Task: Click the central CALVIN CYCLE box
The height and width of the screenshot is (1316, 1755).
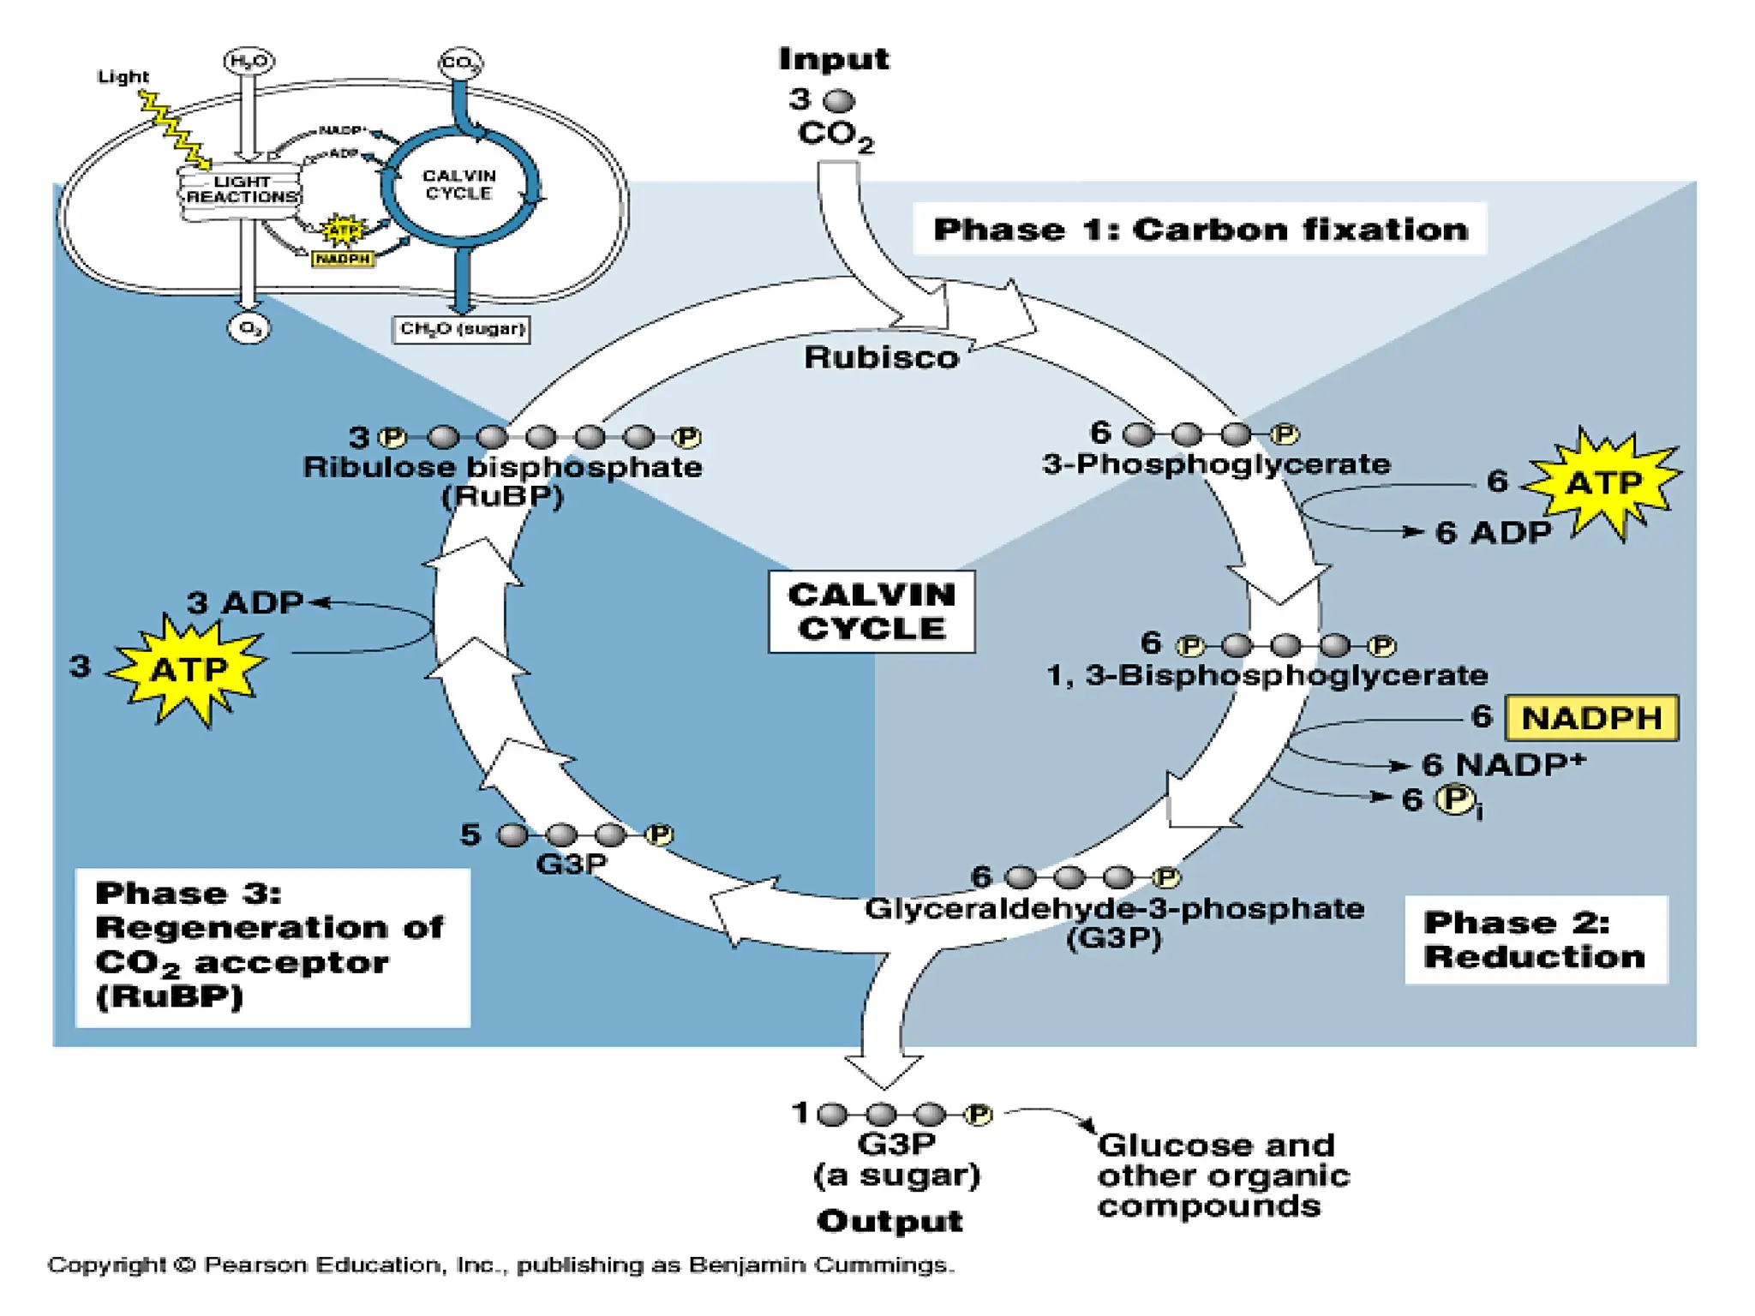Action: coord(872,612)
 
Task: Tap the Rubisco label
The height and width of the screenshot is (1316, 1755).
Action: coord(881,357)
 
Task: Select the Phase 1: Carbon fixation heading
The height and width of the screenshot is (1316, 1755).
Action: coord(1200,230)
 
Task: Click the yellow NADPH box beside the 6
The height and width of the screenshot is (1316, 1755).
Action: coord(1591,718)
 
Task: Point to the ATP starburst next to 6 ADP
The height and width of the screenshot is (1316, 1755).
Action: coord(1602,483)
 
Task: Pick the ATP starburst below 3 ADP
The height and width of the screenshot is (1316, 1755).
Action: coord(189,668)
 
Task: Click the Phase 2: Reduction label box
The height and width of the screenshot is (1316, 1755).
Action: coord(1535,940)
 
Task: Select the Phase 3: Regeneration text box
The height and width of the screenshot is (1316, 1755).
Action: coord(272,946)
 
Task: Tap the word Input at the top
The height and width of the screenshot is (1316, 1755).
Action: coord(833,59)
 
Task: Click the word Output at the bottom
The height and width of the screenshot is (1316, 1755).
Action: coord(889,1221)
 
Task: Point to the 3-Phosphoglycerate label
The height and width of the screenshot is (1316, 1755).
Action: coord(1216,464)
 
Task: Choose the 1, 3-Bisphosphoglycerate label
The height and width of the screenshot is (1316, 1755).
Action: coord(1267,675)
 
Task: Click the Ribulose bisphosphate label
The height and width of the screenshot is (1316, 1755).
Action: coord(502,468)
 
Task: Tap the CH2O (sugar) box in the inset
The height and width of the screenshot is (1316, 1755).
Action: coord(461,329)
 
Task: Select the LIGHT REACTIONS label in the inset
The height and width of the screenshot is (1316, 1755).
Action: coord(242,189)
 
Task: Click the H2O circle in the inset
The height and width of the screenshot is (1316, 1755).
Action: coord(249,62)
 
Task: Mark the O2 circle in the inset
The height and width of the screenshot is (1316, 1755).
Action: coord(249,328)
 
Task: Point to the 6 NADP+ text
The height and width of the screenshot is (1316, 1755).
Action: coord(1503,764)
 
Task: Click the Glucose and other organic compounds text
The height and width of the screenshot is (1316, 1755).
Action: coord(1223,1175)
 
